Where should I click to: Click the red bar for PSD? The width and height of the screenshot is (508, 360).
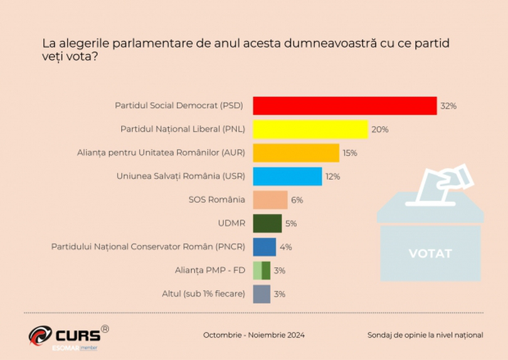pyautogui.click(x=344, y=106)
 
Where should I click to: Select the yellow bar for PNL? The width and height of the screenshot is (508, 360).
pyautogui.click(x=310, y=129)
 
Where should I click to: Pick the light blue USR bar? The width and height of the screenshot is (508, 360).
pyautogui.click(x=287, y=176)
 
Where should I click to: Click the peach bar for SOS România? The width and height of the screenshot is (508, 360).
pyautogui.click(x=270, y=199)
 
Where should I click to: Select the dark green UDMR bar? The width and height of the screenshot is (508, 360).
pyautogui.click(x=267, y=223)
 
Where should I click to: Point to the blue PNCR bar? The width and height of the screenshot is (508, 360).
pyautogui.click(x=264, y=246)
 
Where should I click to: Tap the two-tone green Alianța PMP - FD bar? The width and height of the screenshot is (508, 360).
pyautogui.click(x=262, y=270)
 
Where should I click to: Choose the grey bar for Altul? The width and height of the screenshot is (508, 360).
pyautogui.click(x=262, y=294)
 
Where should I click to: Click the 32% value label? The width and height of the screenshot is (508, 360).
pyautogui.click(x=448, y=106)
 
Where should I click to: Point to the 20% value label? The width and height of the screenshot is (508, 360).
pyautogui.click(x=380, y=130)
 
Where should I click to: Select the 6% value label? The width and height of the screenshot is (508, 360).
pyautogui.click(x=297, y=200)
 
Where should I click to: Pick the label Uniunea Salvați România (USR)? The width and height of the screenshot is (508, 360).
pyautogui.click(x=181, y=176)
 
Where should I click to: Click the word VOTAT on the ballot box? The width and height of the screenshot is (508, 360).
pyautogui.click(x=430, y=253)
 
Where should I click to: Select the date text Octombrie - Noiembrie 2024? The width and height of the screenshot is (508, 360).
pyautogui.click(x=254, y=335)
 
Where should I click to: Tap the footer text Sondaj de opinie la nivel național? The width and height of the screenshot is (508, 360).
pyautogui.click(x=425, y=335)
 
